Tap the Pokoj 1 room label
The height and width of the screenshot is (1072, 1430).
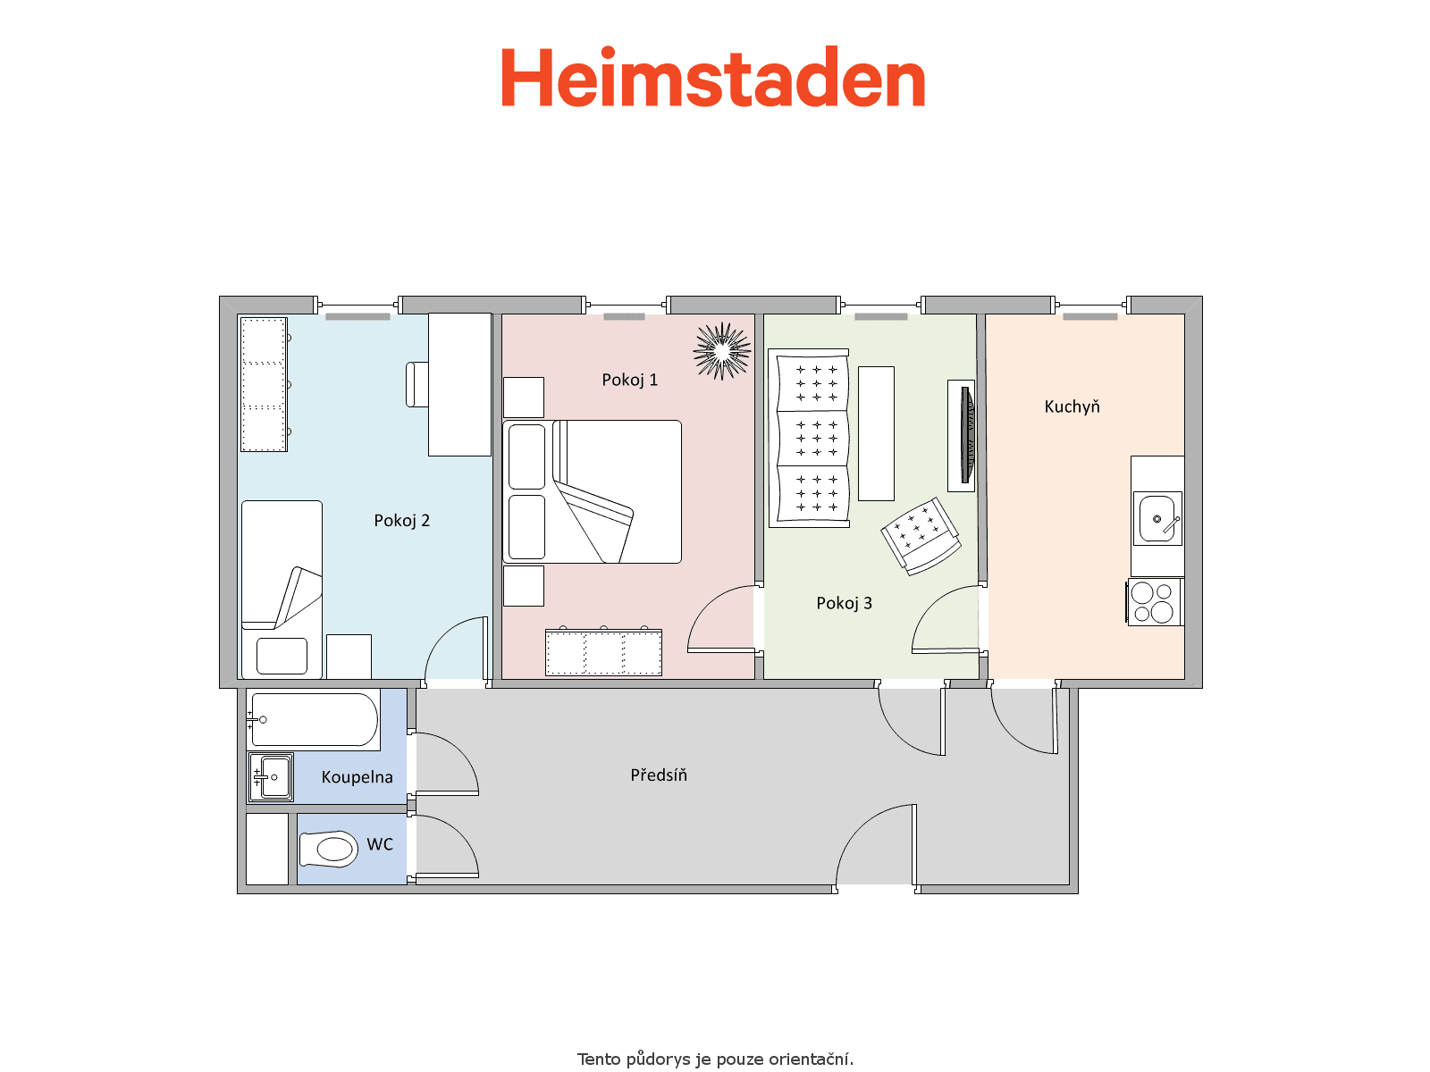point(629,381)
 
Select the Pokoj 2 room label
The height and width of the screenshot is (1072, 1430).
point(401,521)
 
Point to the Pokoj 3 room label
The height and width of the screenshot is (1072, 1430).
point(844,603)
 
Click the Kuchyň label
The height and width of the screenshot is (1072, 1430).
point(1072,406)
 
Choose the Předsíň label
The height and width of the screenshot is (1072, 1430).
point(658,775)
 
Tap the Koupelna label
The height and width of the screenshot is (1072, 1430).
point(357,777)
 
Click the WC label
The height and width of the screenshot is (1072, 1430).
point(380,844)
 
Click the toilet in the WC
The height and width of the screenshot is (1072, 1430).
point(328,850)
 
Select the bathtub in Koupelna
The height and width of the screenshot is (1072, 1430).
point(314,719)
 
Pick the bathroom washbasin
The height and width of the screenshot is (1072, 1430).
point(272,777)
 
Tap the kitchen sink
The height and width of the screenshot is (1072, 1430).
point(1157,519)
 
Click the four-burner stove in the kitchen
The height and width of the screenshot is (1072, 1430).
point(1155,603)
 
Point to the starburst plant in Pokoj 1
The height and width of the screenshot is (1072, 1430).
point(721,351)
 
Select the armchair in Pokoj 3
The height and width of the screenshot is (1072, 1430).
point(921,536)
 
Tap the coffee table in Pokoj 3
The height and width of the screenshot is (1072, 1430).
point(876,433)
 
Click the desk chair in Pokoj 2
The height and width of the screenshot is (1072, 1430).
point(417,385)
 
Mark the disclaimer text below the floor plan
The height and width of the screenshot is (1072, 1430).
point(715,1059)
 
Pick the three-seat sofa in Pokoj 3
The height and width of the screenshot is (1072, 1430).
point(809,438)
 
